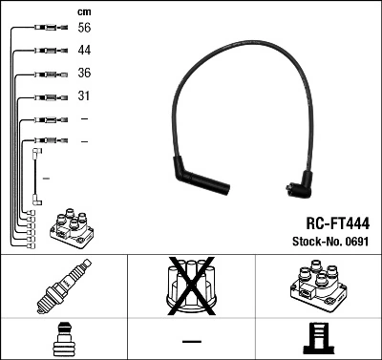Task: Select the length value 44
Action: pos(85,51)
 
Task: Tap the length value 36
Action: pos(85,74)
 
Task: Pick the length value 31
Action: pos(85,96)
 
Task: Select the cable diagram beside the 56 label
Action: pos(45,30)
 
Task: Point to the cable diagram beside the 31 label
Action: pos(45,96)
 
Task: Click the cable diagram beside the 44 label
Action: pos(45,52)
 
